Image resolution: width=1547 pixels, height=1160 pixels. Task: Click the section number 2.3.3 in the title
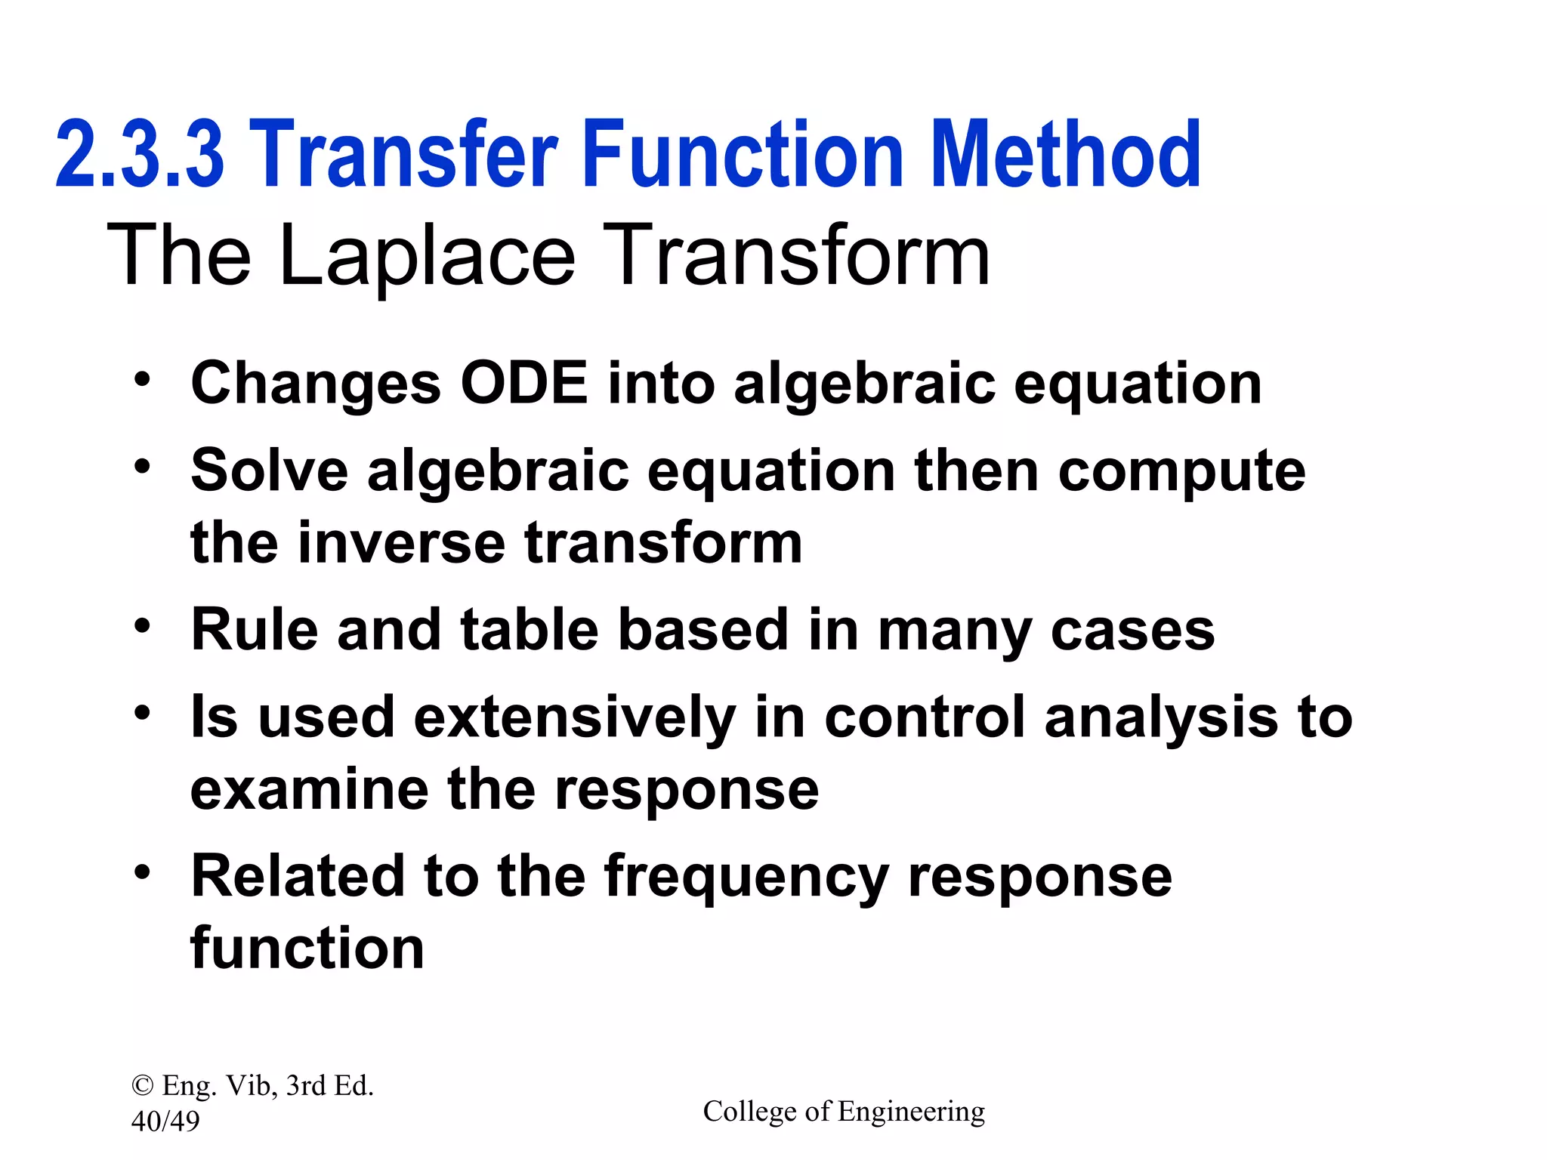[x=140, y=155]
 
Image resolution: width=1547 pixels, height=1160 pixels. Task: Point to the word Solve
[x=269, y=470]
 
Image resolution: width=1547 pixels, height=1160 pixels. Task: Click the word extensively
[x=574, y=717]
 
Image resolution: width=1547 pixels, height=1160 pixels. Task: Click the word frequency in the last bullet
[x=746, y=878]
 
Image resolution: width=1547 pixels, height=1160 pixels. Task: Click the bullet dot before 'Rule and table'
[x=142, y=625]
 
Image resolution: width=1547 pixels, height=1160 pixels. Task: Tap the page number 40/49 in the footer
[x=165, y=1121]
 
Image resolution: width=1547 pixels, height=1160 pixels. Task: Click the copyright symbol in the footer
[x=141, y=1086]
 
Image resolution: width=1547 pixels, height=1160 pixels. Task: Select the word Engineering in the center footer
[x=911, y=1112]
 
